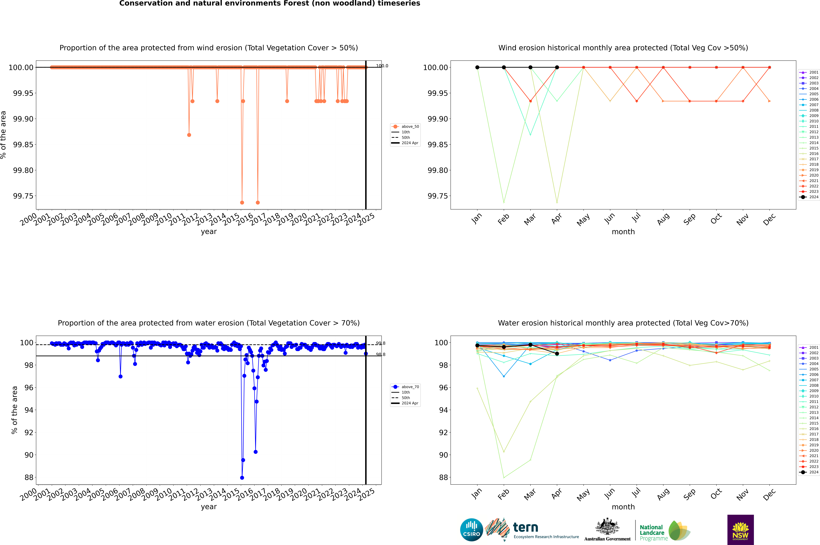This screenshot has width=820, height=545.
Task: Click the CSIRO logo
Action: pos(471,530)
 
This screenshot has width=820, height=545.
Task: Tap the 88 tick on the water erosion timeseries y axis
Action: pos(29,478)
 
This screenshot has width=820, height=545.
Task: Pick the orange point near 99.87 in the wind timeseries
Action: pos(189,135)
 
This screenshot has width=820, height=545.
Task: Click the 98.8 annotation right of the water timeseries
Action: pos(381,355)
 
